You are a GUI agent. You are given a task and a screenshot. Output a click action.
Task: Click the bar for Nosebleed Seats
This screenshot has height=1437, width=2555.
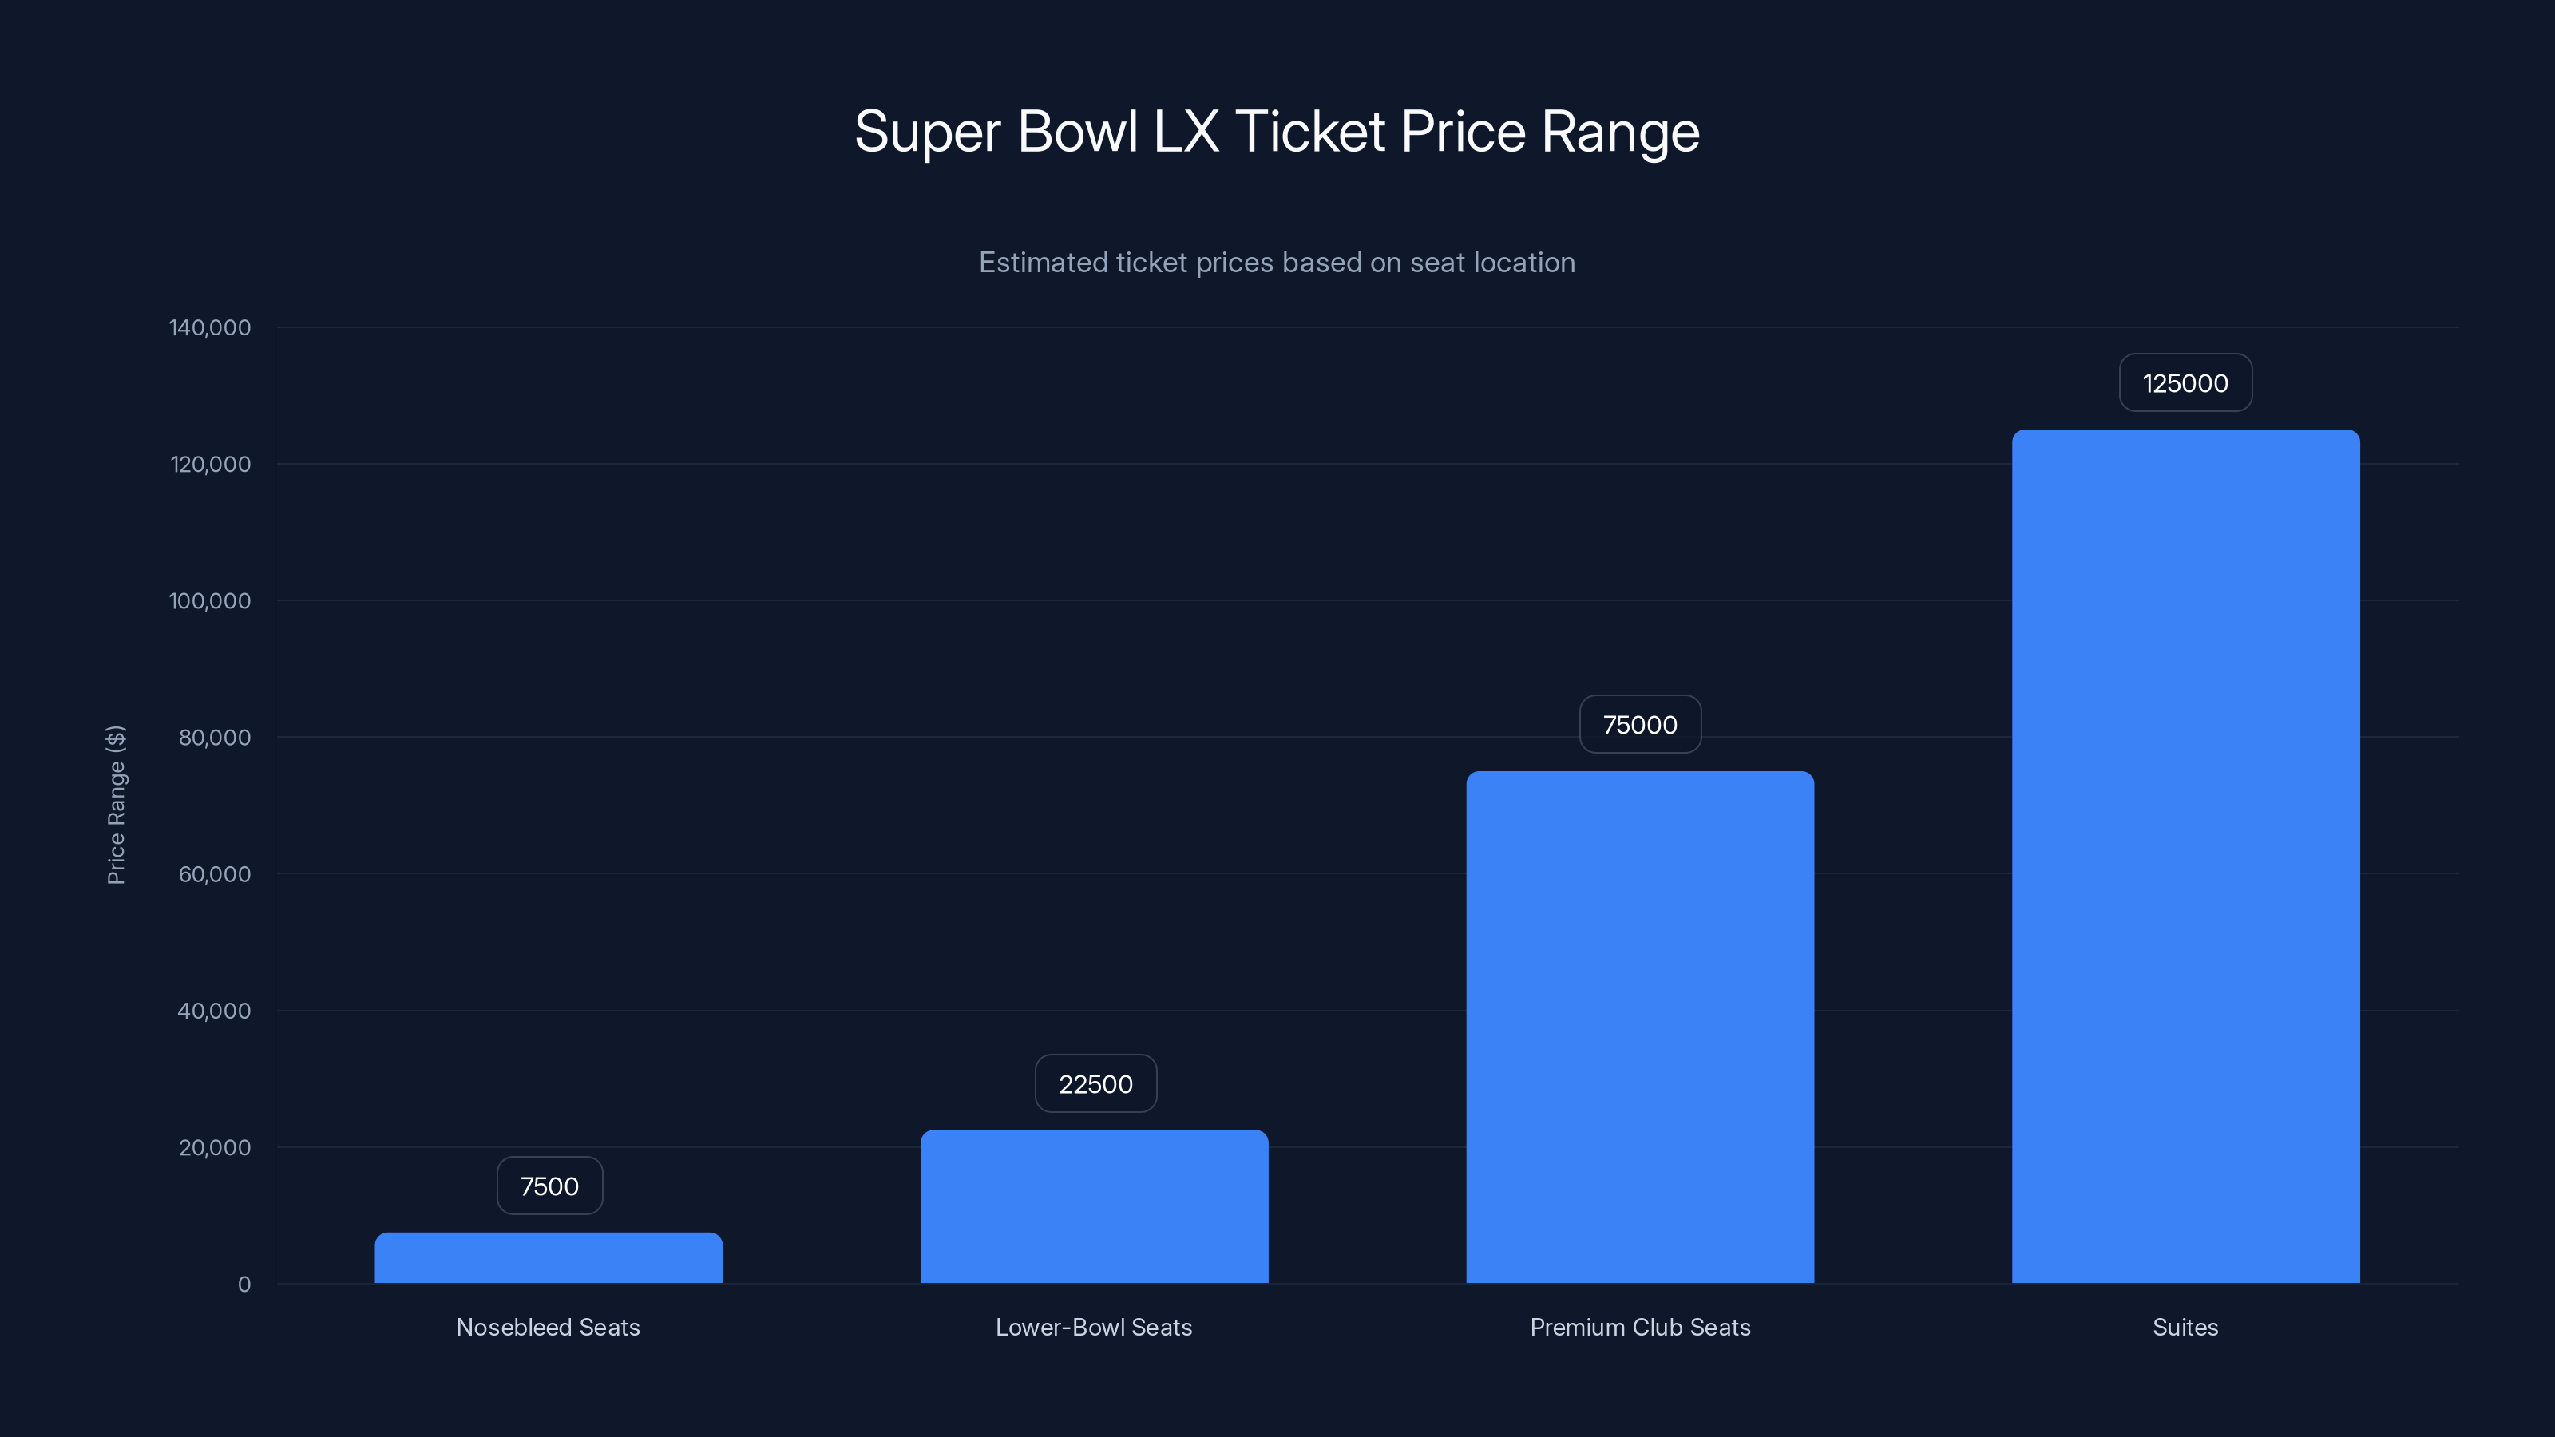(x=549, y=1257)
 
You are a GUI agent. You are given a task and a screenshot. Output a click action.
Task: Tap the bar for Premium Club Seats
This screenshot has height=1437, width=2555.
(x=1639, y=1027)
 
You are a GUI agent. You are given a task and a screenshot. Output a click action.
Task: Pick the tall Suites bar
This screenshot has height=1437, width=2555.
(x=2185, y=856)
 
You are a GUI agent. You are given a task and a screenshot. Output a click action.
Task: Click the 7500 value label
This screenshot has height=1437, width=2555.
(x=549, y=1186)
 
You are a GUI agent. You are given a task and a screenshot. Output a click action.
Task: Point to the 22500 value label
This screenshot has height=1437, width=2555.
(x=1095, y=1084)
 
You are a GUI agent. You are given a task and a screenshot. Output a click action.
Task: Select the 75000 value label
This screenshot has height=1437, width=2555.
(x=1639, y=725)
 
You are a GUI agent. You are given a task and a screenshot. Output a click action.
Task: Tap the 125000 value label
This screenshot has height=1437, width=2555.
(x=2185, y=383)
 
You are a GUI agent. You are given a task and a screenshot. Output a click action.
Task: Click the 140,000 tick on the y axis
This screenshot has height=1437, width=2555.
(x=209, y=327)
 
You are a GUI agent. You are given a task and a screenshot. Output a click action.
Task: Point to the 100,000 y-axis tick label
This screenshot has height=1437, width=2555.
(x=209, y=601)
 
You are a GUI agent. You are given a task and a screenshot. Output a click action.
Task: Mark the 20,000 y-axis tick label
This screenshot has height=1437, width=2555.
(x=213, y=1147)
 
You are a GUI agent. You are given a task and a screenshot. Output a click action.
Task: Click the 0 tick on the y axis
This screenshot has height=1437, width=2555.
(x=244, y=1285)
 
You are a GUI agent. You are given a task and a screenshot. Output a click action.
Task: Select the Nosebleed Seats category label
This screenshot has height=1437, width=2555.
(x=549, y=1327)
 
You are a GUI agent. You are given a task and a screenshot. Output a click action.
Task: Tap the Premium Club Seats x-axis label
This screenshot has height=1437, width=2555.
(x=1639, y=1327)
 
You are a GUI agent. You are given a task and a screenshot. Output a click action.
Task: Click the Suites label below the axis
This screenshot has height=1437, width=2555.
(x=2185, y=1327)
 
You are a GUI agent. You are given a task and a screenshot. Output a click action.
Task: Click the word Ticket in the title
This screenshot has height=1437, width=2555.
(x=1309, y=132)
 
